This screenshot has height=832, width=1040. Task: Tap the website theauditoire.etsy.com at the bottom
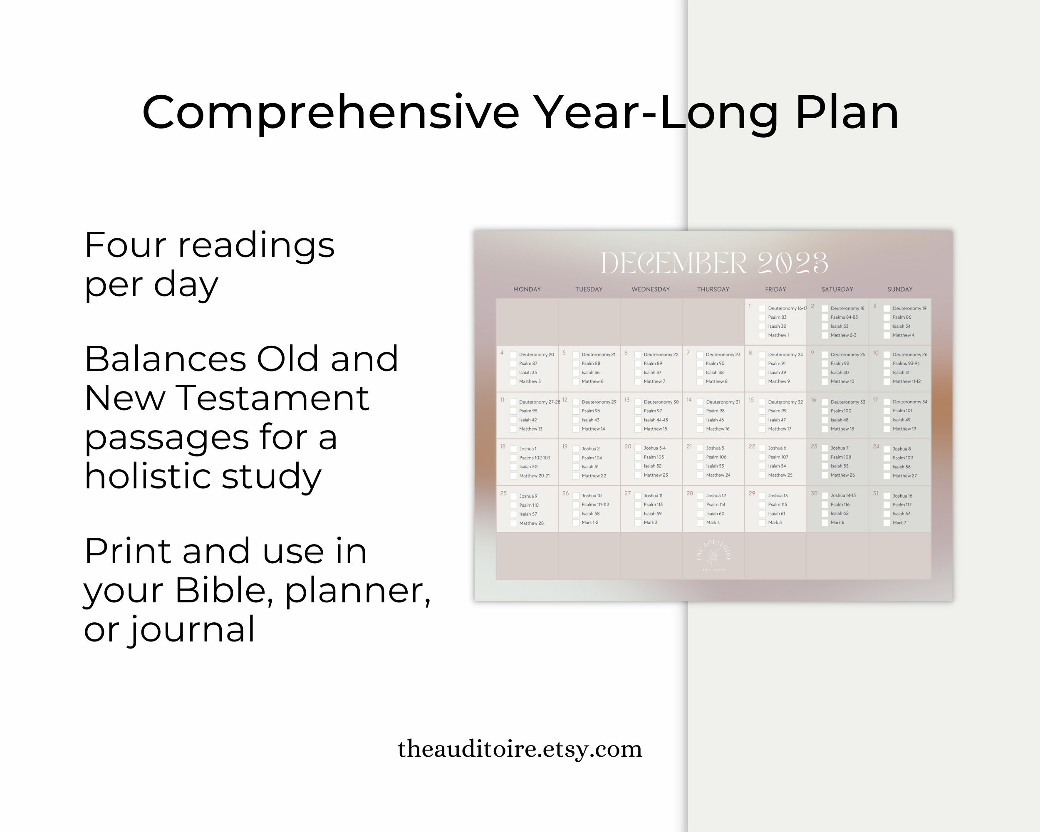tap(520, 749)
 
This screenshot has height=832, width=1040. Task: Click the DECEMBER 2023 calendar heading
tap(714, 263)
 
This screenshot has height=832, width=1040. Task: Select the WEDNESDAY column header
tap(651, 290)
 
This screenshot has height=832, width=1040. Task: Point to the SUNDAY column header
tap(900, 290)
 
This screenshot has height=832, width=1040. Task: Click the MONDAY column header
tap(527, 290)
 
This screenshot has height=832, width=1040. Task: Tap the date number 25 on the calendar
tap(503, 493)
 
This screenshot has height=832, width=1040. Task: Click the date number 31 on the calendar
tap(876, 493)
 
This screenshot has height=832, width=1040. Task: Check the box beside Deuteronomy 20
tap(513, 355)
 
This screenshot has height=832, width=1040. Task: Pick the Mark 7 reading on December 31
tap(899, 522)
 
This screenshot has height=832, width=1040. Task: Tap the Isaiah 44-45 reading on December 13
tap(656, 420)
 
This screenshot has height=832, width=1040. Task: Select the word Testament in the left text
tap(274, 399)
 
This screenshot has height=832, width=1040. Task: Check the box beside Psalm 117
tap(886, 505)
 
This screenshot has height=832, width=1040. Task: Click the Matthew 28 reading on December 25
tap(531, 523)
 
